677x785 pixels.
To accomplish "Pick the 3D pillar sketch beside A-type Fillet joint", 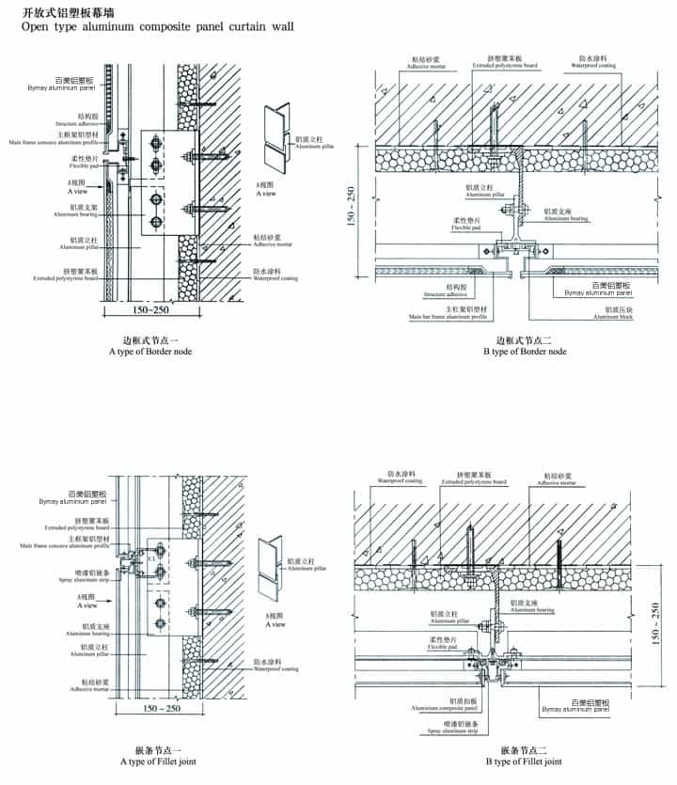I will pos(271,563).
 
